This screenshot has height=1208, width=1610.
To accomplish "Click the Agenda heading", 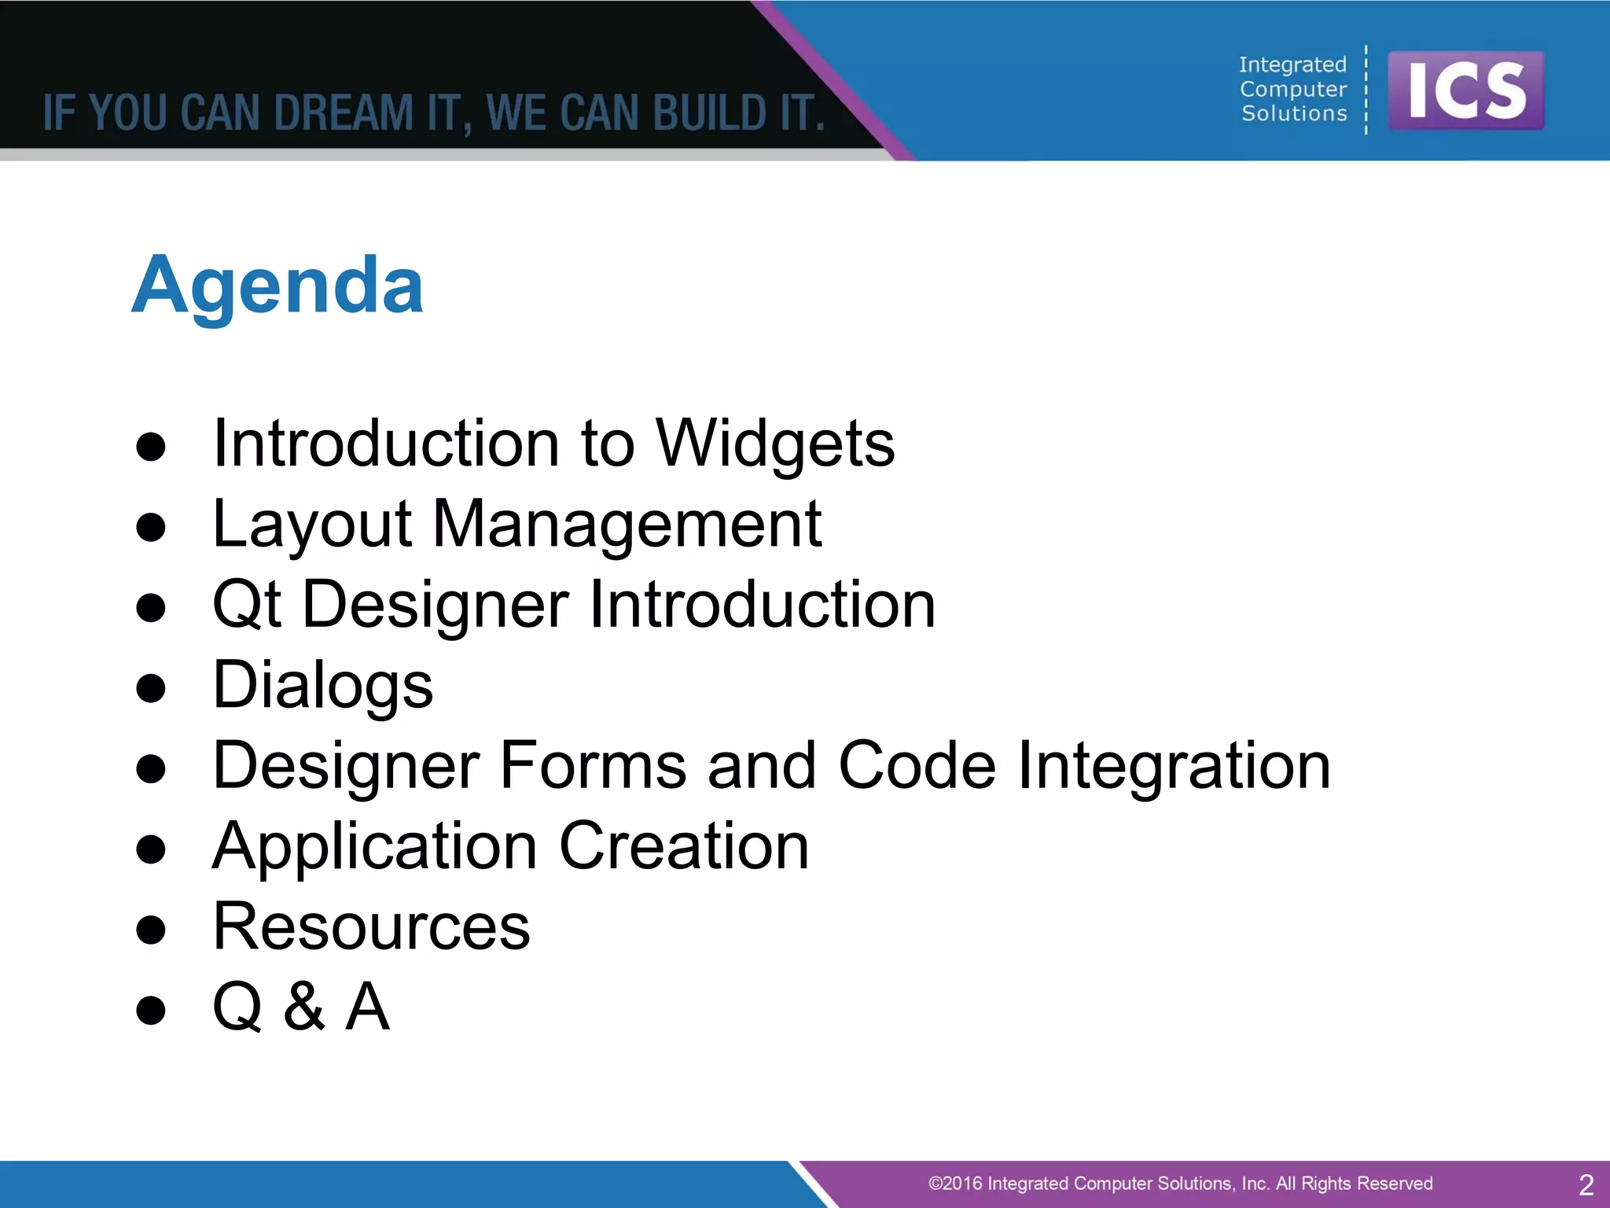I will click(278, 285).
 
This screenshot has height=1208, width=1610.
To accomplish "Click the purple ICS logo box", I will click(1465, 90).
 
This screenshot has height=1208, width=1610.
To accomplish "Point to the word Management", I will click(627, 525).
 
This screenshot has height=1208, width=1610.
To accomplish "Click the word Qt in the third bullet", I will click(247, 605).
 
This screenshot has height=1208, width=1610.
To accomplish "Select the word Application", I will click(375, 848).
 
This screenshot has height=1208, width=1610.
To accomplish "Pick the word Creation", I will click(684, 846).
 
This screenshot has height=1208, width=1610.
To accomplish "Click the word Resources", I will click(372, 927).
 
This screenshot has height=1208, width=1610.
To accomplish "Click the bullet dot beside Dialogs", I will click(151, 688).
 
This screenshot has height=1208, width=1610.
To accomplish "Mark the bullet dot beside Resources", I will click(151, 930).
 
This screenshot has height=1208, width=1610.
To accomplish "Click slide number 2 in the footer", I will click(1586, 1184).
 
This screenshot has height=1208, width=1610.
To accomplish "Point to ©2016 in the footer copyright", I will click(955, 1184).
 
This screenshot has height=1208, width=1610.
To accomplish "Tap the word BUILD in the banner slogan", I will click(709, 112).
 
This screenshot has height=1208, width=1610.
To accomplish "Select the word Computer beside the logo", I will click(1293, 89).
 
